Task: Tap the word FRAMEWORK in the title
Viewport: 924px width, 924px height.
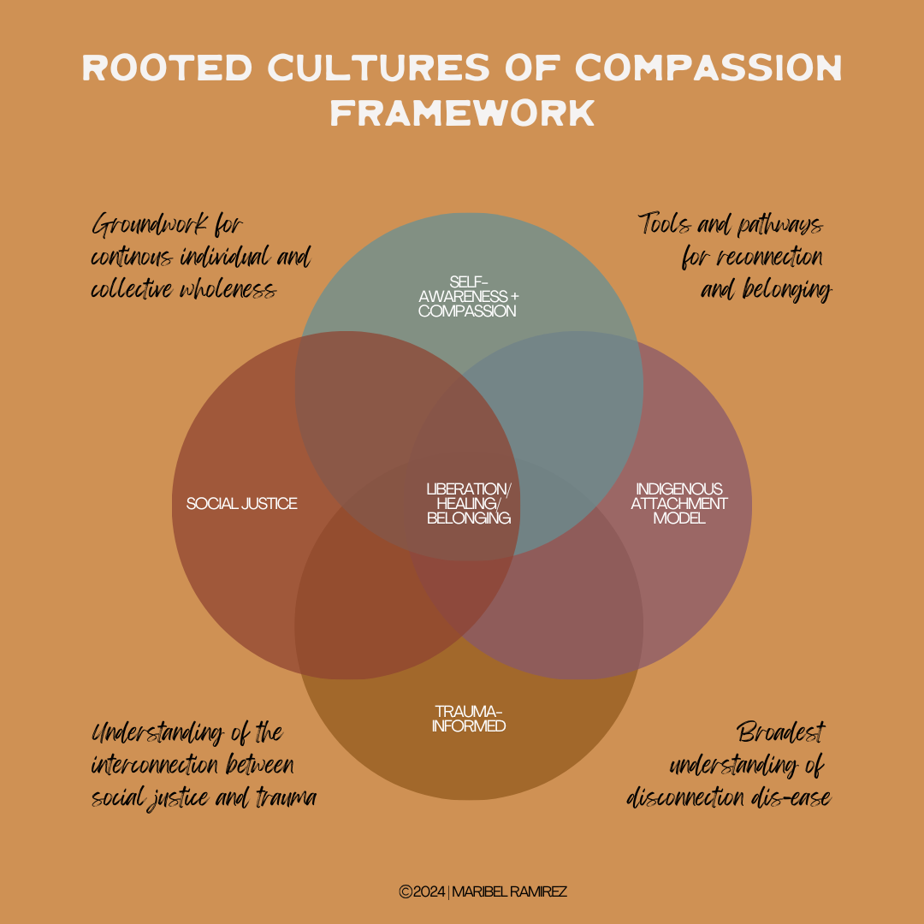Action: pyautogui.click(x=462, y=113)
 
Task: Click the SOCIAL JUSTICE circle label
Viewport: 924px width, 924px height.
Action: pyautogui.click(x=242, y=503)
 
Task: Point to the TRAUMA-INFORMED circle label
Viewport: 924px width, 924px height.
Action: pyautogui.click(x=468, y=719)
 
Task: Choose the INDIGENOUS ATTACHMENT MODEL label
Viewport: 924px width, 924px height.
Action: pyautogui.click(x=678, y=503)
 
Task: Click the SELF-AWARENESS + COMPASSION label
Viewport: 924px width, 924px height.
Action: pyautogui.click(x=468, y=296)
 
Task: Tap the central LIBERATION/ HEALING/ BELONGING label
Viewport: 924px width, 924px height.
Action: pyautogui.click(x=468, y=503)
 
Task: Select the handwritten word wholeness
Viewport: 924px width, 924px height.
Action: pyautogui.click(x=229, y=290)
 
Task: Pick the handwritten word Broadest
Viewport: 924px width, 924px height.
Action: pyautogui.click(x=781, y=733)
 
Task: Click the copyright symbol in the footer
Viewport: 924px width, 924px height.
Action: pyautogui.click(x=406, y=891)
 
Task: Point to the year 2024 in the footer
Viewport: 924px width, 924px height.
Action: pyautogui.click(x=429, y=891)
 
